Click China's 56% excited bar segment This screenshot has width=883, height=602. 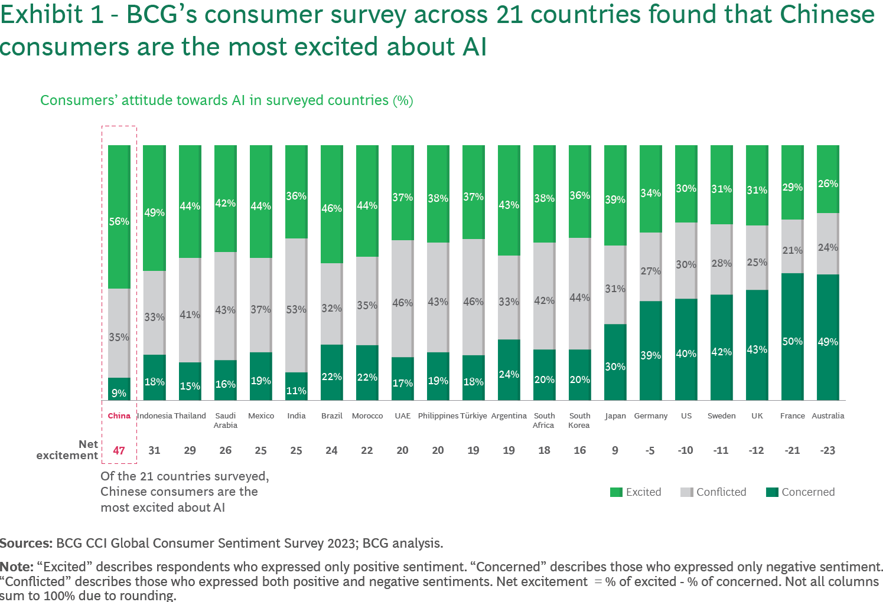click(119, 217)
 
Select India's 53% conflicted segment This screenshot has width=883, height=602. click(296, 305)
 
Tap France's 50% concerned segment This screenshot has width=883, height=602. click(792, 336)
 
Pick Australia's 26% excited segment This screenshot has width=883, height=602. click(827, 179)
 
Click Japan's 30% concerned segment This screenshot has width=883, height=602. click(615, 362)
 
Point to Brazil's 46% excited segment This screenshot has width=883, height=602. click(331, 204)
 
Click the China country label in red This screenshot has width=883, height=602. click(119, 415)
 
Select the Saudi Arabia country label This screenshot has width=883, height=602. click(225, 420)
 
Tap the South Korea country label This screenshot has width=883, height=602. click(579, 420)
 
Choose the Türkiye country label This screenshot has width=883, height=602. click(473, 415)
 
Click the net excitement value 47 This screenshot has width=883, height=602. click(119, 450)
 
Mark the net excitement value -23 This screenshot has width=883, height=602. click(827, 450)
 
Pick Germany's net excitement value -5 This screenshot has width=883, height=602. click(650, 450)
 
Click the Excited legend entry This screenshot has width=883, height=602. click(636, 492)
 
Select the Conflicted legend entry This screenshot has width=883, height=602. click(713, 492)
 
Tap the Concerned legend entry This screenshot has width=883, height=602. click(800, 492)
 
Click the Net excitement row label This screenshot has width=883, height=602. click(67, 450)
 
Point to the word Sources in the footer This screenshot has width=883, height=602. click(25, 543)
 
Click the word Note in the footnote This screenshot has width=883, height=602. click(16, 567)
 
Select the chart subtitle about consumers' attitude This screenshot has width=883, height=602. click(226, 100)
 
